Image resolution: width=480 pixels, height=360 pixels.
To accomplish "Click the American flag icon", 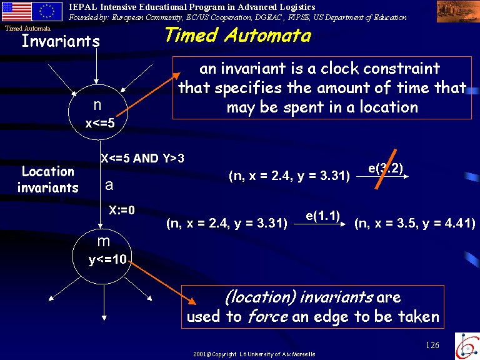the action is coord(17,12).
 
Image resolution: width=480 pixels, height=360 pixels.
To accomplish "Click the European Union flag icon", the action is coord(47,12).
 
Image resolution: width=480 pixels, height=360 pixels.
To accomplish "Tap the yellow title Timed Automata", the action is coord(238,34).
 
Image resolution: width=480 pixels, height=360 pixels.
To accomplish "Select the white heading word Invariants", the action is coord(61,41).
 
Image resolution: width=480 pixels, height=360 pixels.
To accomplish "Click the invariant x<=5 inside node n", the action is coord(100,123).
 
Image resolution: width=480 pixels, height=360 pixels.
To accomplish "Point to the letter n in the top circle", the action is coord(97,105).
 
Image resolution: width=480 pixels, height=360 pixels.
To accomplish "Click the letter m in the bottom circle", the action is coord(104,242).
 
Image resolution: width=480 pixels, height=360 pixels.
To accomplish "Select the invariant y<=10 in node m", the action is coord(107,259).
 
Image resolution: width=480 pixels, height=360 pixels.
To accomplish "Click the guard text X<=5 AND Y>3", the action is coord(142,158).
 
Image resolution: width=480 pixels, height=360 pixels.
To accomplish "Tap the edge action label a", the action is coord(109,186).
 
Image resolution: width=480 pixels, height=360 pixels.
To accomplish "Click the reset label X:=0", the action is coord(122,210).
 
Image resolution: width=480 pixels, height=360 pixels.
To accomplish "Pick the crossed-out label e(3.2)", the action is coord(386,168).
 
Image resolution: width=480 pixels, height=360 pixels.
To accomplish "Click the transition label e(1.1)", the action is coord(322,216).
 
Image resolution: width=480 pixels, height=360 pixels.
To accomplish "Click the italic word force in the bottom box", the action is coord(268,316).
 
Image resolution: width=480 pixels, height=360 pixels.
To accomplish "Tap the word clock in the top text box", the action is coord(339,68).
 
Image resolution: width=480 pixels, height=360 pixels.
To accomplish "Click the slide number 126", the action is coord(432,345).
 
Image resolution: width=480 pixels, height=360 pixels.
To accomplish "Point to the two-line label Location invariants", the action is coord(48,180).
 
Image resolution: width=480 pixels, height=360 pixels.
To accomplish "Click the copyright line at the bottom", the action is coord(254,354).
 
